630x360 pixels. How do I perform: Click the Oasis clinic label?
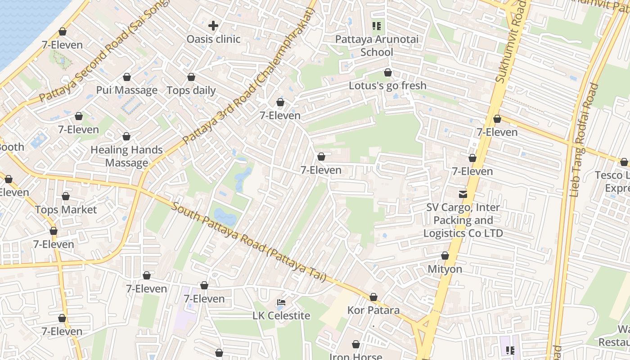[x=213, y=39]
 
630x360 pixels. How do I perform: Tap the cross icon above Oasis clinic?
[x=213, y=26]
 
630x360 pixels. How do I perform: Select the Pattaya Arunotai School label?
[x=377, y=46]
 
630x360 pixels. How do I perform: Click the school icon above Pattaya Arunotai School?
[x=377, y=26]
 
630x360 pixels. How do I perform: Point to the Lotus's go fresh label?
[x=387, y=85]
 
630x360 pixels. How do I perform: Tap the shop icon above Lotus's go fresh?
[x=388, y=72]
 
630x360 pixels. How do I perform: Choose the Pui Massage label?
[x=126, y=90]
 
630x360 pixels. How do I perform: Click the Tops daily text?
[x=191, y=90]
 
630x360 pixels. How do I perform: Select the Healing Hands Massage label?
[x=126, y=156]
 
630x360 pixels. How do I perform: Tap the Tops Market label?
[x=66, y=210]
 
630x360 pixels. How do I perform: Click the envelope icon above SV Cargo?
[x=463, y=194]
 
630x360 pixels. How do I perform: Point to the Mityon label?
[x=445, y=269]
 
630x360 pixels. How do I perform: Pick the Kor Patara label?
[x=373, y=310]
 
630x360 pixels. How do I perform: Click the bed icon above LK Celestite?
[x=281, y=302]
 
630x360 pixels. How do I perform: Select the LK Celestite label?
[x=281, y=316]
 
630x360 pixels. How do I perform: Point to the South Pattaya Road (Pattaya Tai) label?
[x=249, y=243]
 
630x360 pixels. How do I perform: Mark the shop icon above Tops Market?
[x=66, y=197]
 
